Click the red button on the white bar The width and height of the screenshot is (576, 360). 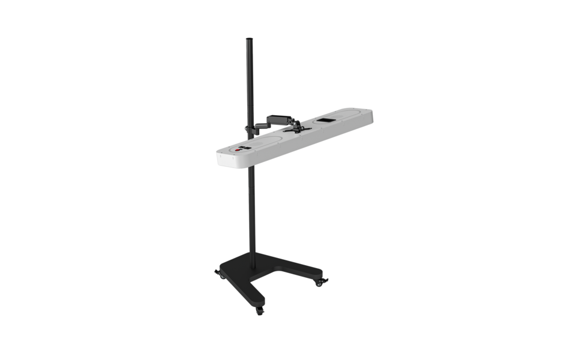click(x=238, y=151)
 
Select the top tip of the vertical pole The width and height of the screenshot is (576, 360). click(x=248, y=40)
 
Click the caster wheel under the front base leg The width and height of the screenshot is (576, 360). click(x=260, y=310)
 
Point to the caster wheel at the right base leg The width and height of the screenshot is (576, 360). click(x=323, y=281)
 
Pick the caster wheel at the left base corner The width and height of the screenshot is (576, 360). click(x=218, y=274)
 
